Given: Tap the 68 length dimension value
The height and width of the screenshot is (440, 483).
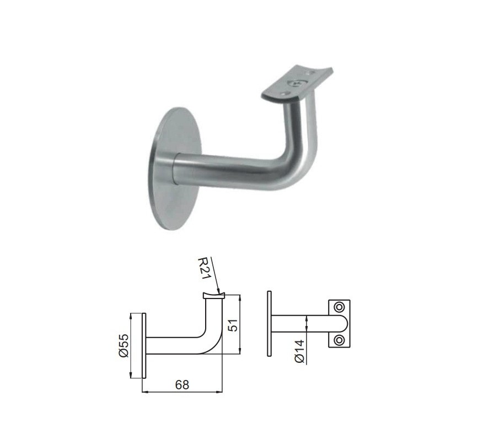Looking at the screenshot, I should point(182,385).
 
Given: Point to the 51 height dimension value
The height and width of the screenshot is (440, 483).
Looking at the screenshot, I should point(233,325).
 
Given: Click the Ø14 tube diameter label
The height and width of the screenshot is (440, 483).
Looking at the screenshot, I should point(298,351).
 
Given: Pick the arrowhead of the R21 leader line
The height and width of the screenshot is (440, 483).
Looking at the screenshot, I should point(221,291).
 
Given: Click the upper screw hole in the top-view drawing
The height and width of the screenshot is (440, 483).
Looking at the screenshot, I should point(339,306).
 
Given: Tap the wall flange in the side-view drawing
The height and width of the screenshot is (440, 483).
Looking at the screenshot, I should point(144,345).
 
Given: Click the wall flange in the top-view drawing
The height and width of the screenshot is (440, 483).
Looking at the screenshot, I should point(269,323).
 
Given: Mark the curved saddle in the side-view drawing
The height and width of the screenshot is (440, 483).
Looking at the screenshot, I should point(213,296).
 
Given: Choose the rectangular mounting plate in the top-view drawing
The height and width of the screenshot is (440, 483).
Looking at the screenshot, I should point(339,323).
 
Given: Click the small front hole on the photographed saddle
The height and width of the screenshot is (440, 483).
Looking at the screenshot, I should point(285,95).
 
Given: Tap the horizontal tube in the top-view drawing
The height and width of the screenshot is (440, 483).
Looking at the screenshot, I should point(300,323).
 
